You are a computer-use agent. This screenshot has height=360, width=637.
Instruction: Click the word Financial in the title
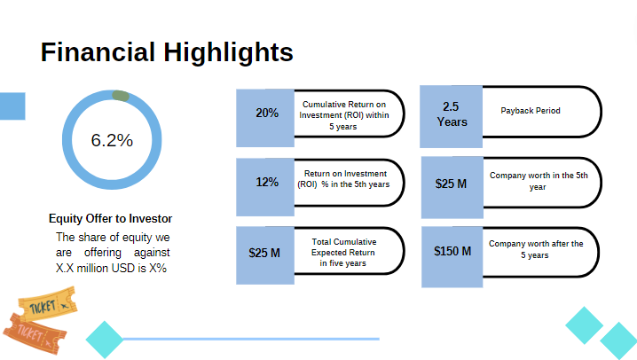(x=98, y=52)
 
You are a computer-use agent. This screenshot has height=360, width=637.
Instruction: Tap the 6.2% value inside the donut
(x=112, y=140)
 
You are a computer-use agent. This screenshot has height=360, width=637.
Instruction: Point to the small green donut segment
(x=122, y=96)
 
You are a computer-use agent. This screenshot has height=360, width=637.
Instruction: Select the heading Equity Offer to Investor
(x=110, y=218)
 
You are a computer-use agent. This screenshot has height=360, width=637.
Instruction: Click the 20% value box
(x=266, y=113)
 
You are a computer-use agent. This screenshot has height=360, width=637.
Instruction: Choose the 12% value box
(x=266, y=183)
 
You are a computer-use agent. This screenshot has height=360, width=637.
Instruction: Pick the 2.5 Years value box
(x=452, y=114)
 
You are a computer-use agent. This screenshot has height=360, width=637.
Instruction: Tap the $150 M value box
(x=452, y=252)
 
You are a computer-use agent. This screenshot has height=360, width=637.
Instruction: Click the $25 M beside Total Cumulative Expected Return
(x=264, y=253)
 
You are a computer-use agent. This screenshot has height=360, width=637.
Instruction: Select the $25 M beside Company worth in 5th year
(x=451, y=184)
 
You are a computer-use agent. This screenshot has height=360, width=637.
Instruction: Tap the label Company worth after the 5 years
(x=536, y=249)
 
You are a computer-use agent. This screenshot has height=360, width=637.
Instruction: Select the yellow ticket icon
(x=46, y=307)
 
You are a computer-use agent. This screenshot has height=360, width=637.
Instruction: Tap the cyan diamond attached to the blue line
(x=105, y=339)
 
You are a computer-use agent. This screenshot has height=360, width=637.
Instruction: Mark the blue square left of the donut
(x=12, y=106)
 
